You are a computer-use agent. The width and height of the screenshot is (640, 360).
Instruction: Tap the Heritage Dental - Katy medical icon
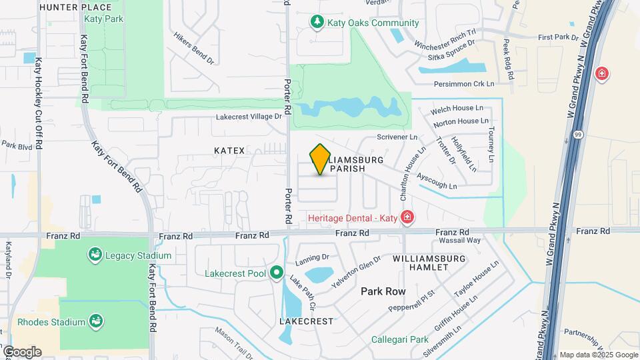pos(407,217)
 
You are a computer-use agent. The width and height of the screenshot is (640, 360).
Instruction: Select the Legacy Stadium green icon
pos(95,255)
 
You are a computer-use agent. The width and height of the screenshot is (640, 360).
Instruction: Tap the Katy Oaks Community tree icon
pos(318,23)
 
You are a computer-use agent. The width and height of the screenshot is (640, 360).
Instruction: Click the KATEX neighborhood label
pos(230,151)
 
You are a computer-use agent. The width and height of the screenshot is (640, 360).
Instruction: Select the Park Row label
pos(383,291)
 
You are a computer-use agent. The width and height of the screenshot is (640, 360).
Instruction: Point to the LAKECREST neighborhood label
pos(306,321)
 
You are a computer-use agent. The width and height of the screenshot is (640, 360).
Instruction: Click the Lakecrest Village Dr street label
pos(249,117)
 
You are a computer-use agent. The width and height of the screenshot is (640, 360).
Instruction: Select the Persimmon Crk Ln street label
pos(464,84)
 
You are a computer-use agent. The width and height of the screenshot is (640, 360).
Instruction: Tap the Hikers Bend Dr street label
pos(193,48)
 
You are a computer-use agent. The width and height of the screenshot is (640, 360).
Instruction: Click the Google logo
pos(22,351)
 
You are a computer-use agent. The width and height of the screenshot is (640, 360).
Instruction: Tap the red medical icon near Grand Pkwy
pos(602,73)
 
